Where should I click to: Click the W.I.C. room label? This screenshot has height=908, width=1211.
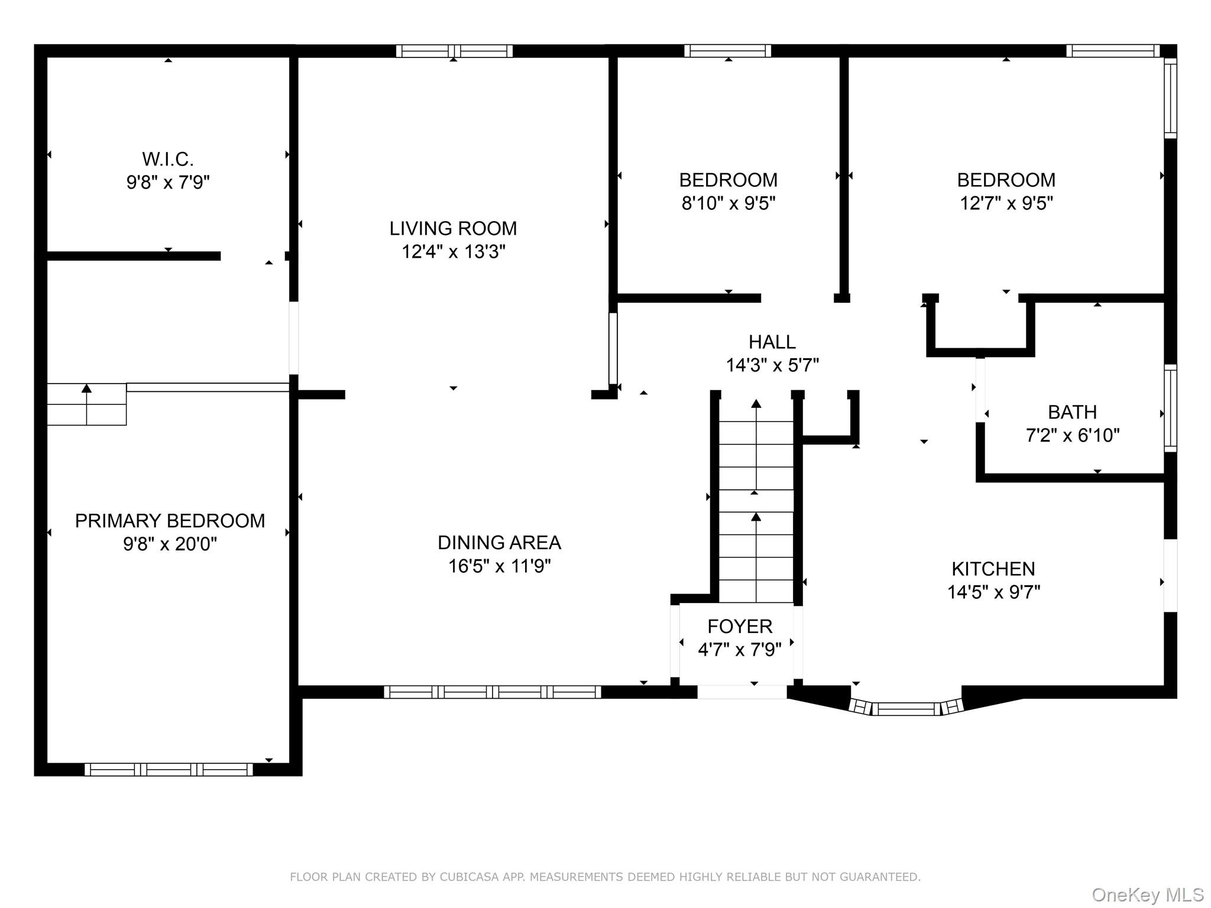click(x=168, y=159)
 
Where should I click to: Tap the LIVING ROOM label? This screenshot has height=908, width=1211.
click(x=453, y=228)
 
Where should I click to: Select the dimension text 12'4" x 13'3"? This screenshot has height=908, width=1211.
click(x=454, y=252)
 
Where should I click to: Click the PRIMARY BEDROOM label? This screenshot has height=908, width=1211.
click(x=170, y=521)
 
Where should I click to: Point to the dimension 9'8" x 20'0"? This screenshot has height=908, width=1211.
click(x=170, y=544)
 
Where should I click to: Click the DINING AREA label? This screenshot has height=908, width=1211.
click(x=500, y=543)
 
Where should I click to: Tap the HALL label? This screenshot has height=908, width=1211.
click(x=772, y=342)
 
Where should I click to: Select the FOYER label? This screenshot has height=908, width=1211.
click(x=740, y=626)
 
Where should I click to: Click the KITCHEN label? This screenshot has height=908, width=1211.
click(x=993, y=569)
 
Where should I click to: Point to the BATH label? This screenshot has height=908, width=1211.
click(x=1073, y=412)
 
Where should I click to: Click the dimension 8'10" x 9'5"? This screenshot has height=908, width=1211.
click(x=728, y=203)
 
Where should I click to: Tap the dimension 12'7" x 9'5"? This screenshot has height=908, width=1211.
click(x=1006, y=203)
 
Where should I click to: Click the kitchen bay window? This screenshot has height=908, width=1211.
click(x=906, y=708)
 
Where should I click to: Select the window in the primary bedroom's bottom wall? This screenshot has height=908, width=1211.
click(x=169, y=769)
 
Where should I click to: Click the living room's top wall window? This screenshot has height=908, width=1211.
click(x=454, y=51)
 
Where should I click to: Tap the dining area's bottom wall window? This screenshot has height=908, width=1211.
click(x=493, y=692)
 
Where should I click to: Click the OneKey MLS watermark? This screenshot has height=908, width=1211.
click(x=1148, y=894)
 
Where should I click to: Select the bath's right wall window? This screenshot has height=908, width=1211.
click(x=1170, y=408)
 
